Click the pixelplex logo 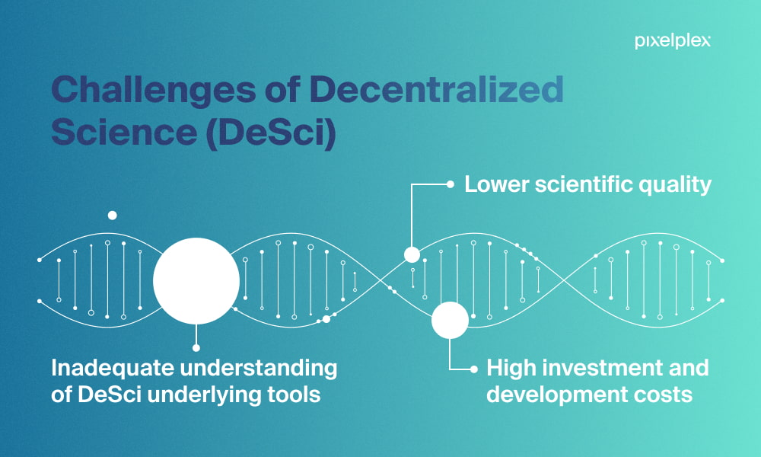pos(673,41)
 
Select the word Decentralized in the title pos(436,89)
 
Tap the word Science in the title pos(124,131)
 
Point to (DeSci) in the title pos(271,132)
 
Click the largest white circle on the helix pos(196,281)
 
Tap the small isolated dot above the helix pos(112,215)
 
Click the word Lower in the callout pos(495,184)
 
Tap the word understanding pos(260,369)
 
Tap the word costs pos(657,395)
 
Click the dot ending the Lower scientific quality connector pos(451,184)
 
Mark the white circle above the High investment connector pos(450,321)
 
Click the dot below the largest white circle pos(196,348)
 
